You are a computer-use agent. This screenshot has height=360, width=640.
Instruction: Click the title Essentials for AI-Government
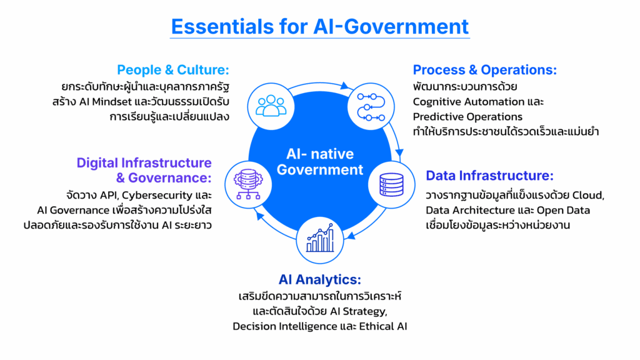click(x=319, y=26)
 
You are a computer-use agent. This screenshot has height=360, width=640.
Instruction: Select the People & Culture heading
click(x=173, y=70)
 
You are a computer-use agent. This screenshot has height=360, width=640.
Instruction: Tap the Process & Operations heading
click(x=484, y=70)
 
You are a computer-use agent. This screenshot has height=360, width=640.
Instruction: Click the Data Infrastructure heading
click(x=489, y=176)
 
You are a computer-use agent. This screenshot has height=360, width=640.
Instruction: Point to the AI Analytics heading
click(x=319, y=279)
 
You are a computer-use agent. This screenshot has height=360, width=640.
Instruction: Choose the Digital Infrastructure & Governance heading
click(x=144, y=170)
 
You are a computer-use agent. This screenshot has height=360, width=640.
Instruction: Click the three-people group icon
click(x=271, y=106)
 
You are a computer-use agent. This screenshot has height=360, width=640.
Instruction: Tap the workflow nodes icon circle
click(x=371, y=106)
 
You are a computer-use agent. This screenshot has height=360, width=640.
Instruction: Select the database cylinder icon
click(x=391, y=185)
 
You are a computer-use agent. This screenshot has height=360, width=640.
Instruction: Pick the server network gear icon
click(x=248, y=184)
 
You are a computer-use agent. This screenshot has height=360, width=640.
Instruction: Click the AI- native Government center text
click(x=319, y=162)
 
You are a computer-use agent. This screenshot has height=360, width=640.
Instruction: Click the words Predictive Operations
click(x=467, y=117)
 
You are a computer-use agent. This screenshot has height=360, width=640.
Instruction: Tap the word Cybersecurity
click(x=157, y=196)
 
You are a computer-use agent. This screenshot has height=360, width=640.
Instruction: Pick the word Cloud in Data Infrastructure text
click(x=588, y=196)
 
